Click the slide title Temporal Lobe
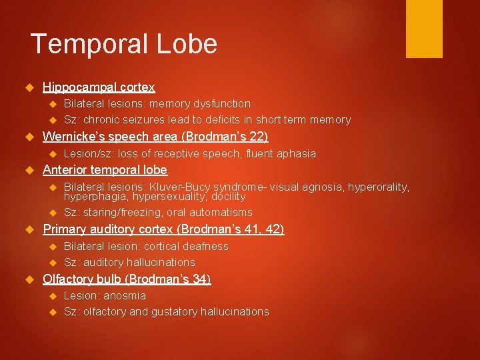(124, 44)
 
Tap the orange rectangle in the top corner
(424, 28)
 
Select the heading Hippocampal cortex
(99, 87)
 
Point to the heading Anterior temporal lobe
(105, 170)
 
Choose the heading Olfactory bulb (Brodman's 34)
(127, 279)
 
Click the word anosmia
(125, 295)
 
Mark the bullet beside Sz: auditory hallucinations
(54, 262)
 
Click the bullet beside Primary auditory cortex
(28, 229)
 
